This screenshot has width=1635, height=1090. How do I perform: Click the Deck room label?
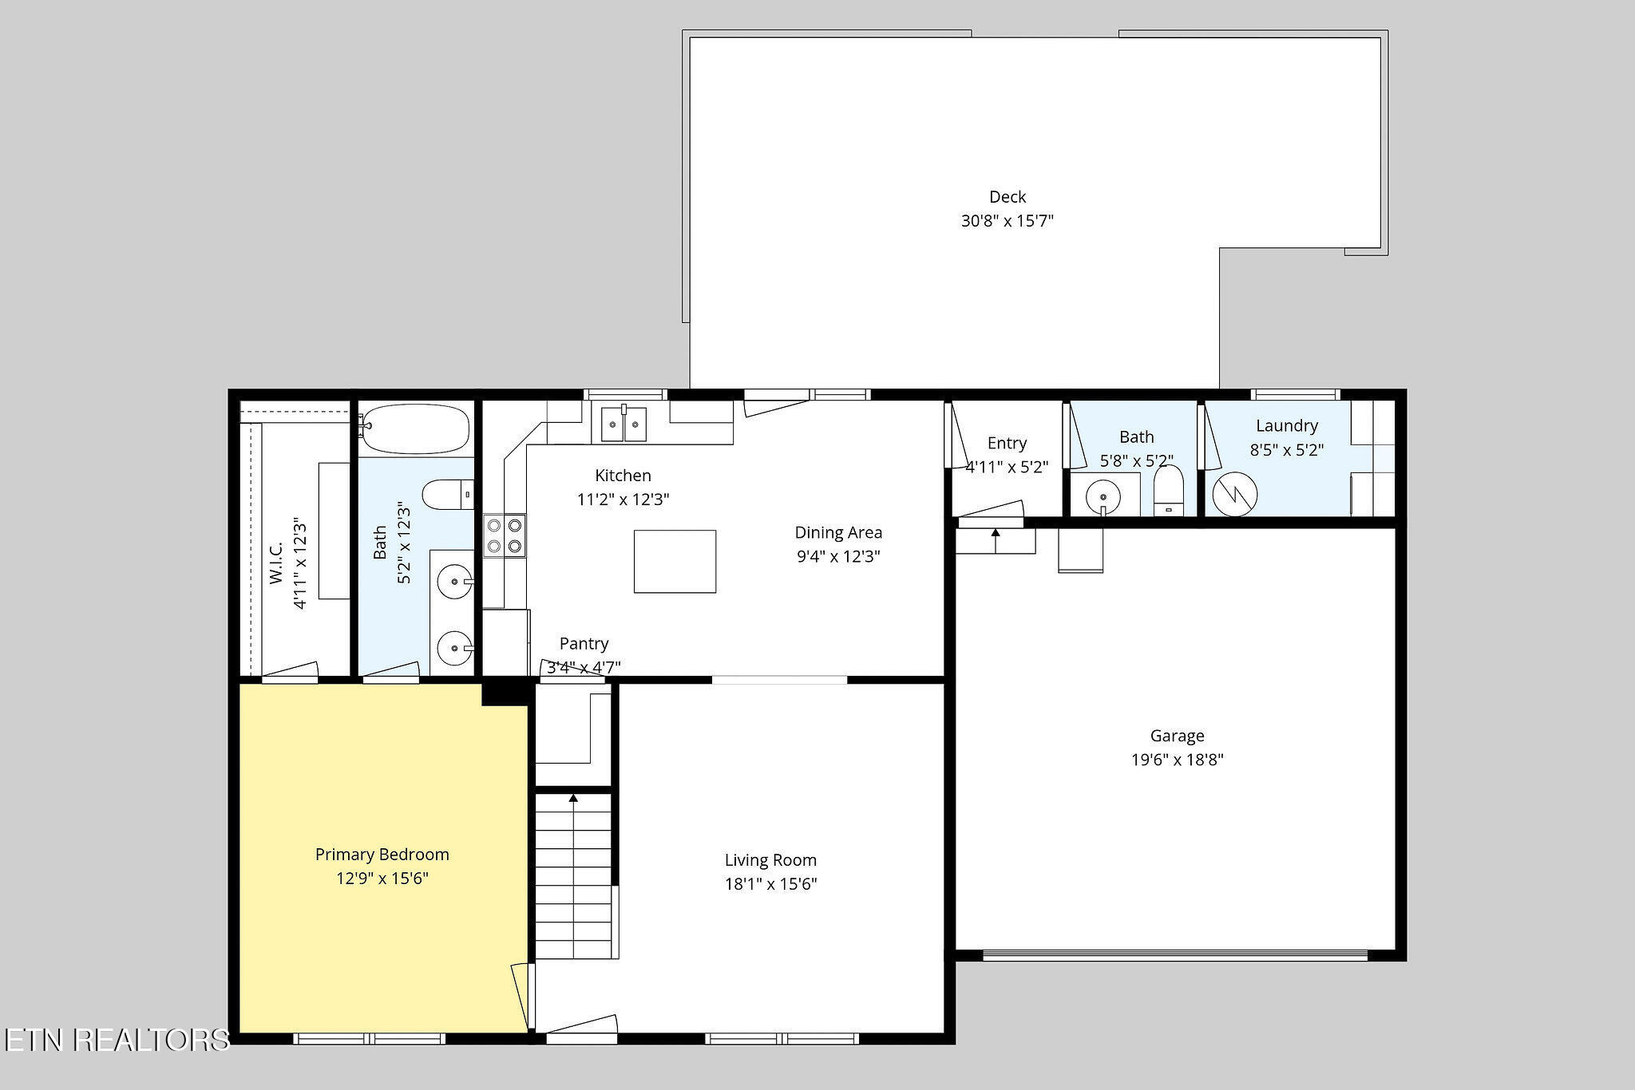(1008, 196)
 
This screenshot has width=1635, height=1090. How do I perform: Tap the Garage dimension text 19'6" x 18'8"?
(1177, 760)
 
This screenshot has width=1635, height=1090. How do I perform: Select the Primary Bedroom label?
(382, 855)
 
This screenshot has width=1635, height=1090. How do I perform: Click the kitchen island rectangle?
(675, 561)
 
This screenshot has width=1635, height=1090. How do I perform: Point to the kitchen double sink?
(624, 423)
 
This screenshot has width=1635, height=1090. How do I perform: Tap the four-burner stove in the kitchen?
(505, 535)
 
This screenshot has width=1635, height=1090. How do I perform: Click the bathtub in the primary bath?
(414, 429)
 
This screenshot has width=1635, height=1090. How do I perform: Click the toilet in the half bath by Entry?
(1169, 490)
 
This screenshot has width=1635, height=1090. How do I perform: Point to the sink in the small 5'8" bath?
(1103, 496)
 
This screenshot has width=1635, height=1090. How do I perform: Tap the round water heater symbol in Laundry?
(1235, 494)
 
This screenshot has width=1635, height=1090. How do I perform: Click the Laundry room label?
(1287, 425)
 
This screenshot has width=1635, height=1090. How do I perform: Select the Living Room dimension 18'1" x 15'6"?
(770, 884)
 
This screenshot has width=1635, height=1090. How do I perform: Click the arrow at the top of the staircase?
(573, 798)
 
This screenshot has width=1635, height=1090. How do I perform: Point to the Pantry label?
(584, 643)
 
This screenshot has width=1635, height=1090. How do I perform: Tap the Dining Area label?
(838, 532)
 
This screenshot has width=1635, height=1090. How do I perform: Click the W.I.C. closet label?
(276, 563)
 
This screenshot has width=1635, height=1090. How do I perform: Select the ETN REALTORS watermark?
(117, 1040)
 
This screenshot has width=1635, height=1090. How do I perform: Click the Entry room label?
(1007, 443)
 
